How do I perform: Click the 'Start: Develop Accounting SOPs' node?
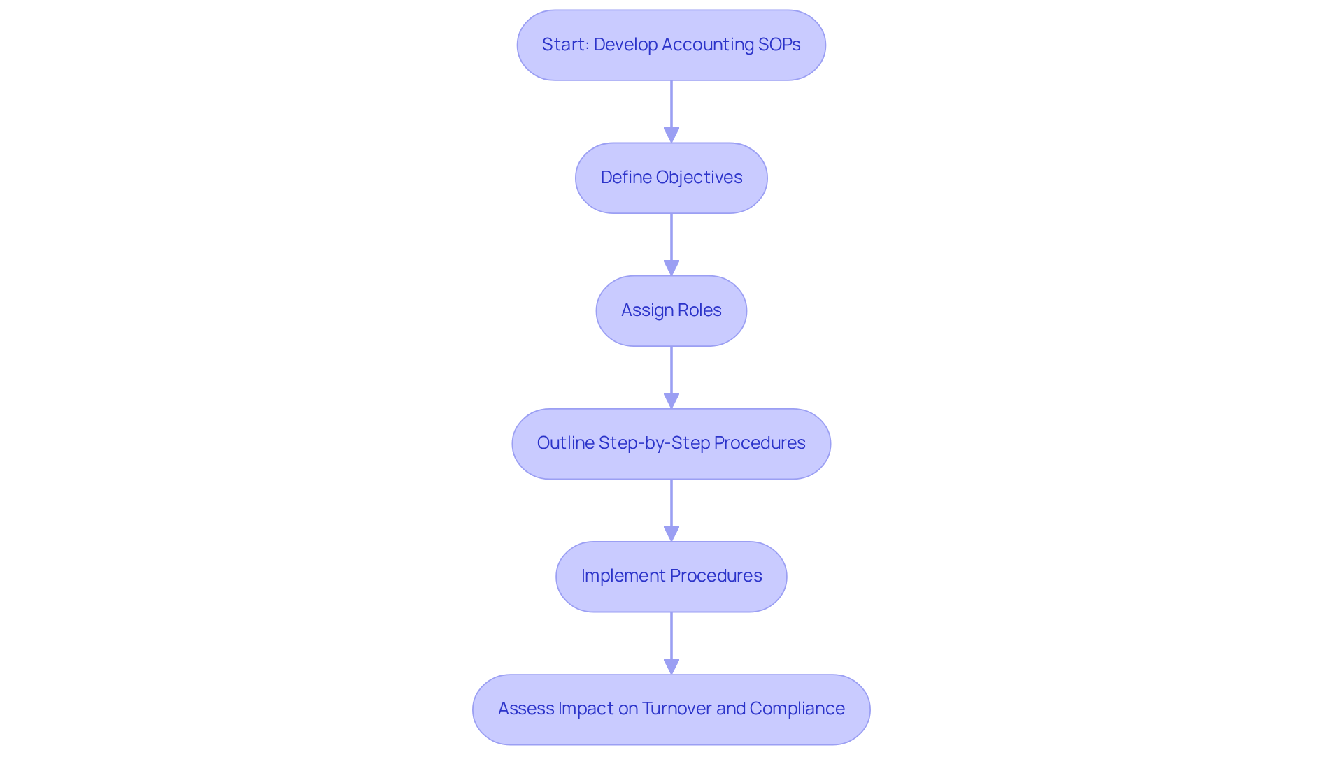671,45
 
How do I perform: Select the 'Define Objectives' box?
671,178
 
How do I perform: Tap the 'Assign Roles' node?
671,310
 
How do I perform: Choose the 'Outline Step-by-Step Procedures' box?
671,443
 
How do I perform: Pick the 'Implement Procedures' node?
671,576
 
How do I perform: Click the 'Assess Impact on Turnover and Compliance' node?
671,709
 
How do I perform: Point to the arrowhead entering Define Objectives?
671,135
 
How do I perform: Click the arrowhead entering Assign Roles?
671,268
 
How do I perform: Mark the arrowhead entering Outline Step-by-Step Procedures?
671,401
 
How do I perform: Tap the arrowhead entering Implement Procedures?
671,533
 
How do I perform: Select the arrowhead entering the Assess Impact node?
671,666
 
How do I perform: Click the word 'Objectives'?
699,178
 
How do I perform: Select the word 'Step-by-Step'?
654,443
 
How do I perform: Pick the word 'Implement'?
623,576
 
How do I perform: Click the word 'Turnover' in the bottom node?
676,709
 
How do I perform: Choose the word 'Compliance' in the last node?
797,709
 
